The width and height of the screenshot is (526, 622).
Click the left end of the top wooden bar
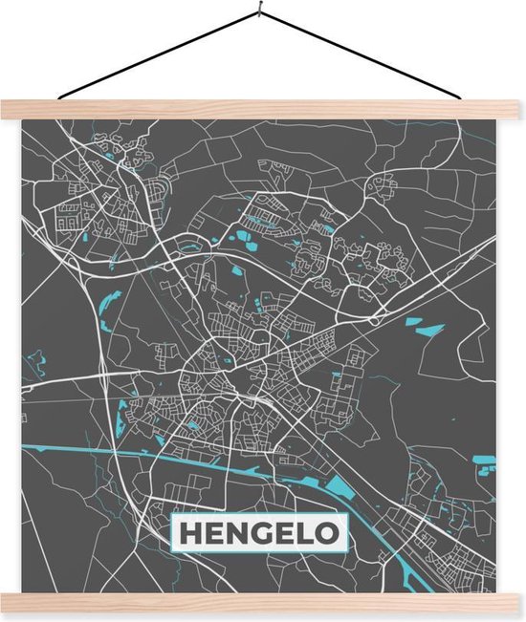(5, 110)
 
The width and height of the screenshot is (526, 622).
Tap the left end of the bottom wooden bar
(5, 603)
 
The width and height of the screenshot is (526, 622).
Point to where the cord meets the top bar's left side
(59, 99)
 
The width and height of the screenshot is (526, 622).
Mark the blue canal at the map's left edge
(29, 446)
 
